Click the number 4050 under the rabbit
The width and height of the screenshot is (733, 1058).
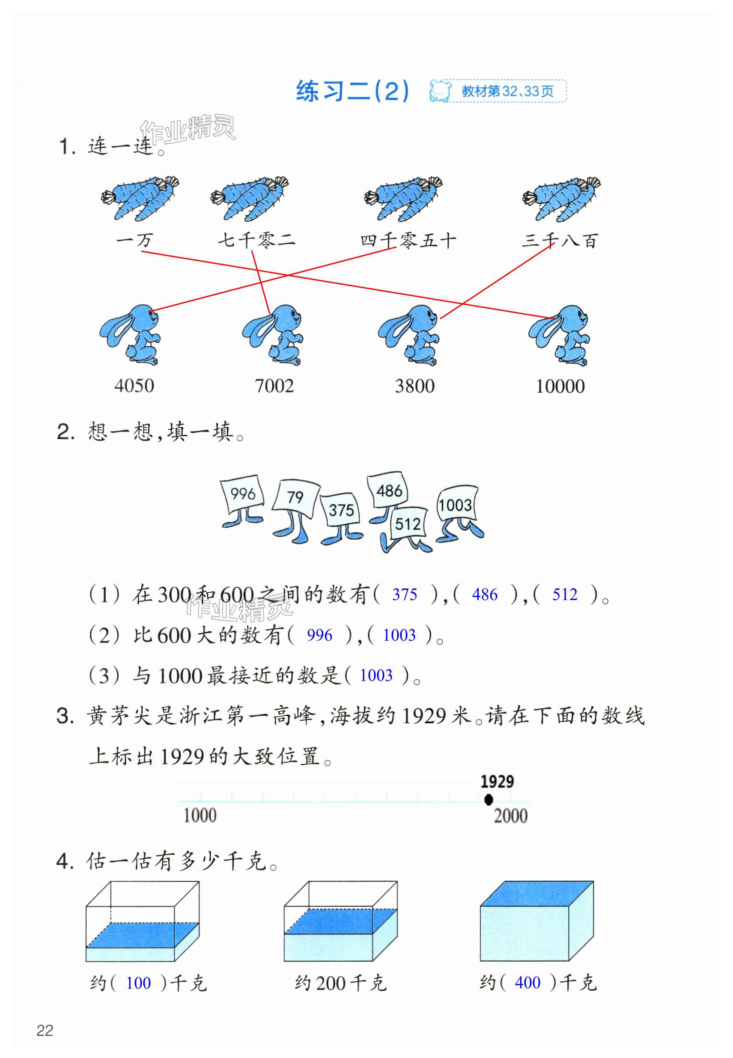pos(134,386)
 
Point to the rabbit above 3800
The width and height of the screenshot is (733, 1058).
pos(409,335)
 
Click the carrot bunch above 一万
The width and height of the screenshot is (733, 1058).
pos(140,198)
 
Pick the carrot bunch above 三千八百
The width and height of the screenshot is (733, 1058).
pos(561,198)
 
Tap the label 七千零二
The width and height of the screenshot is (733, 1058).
pos(256,240)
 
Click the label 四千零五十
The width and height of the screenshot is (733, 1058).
pos(408,241)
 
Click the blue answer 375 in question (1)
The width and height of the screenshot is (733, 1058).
pos(405,595)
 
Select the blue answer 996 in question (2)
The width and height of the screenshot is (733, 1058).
pos(319,636)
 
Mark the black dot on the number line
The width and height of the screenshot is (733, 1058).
pos(489,799)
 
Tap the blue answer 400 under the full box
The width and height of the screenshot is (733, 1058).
pos(527,983)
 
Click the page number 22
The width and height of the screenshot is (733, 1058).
pos(45,1031)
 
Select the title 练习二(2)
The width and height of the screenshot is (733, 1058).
pos(352,91)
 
